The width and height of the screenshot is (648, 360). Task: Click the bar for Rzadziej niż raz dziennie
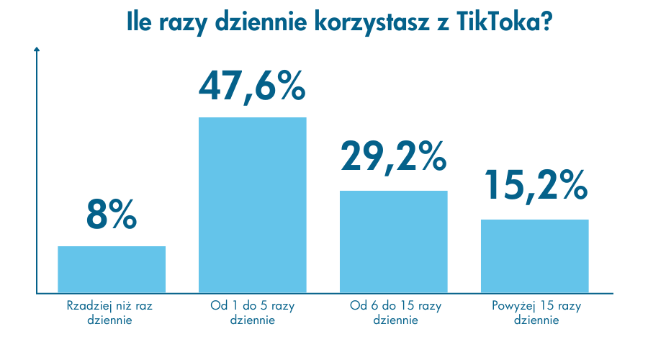(x=112, y=269)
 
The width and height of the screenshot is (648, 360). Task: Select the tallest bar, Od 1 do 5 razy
(x=252, y=205)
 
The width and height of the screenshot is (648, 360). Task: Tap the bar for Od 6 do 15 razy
(x=393, y=242)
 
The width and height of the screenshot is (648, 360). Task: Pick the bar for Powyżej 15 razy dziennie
(x=534, y=256)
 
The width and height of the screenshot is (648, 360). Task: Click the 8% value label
(x=112, y=212)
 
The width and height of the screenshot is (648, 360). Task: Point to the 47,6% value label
(x=252, y=86)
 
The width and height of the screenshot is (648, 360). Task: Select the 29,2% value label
(x=393, y=156)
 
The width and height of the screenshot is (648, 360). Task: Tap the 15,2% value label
(x=534, y=185)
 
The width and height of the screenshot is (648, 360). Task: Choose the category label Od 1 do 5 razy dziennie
(x=252, y=312)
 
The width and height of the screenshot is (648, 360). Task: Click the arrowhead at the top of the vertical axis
(x=37, y=50)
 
